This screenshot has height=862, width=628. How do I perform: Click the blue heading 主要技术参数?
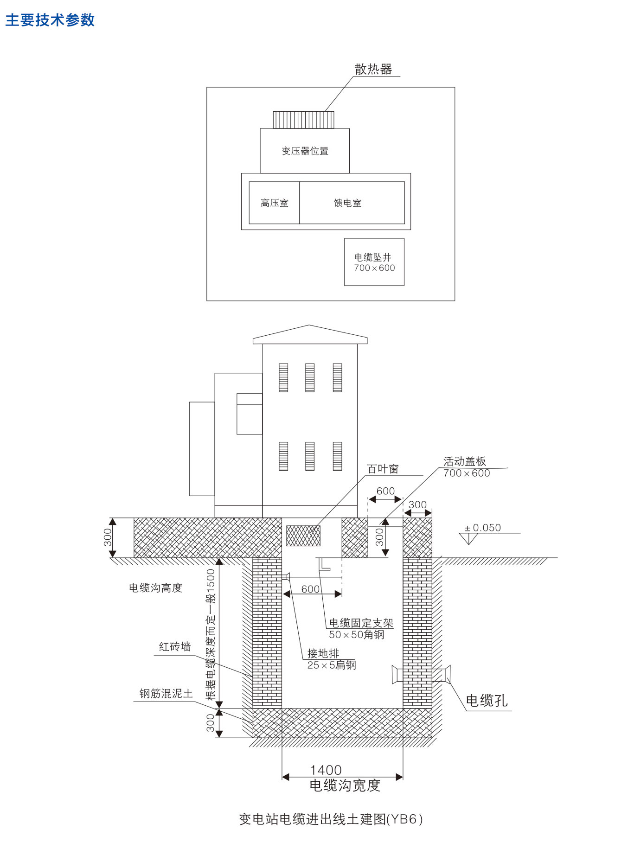pyautogui.click(x=50, y=20)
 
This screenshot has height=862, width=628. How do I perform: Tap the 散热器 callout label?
pyautogui.click(x=373, y=70)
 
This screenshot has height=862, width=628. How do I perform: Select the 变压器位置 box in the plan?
pyautogui.click(x=305, y=151)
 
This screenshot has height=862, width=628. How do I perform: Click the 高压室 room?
pyautogui.click(x=274, y=203)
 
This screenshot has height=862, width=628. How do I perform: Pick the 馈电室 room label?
pyautogui.click(x=347, y=203)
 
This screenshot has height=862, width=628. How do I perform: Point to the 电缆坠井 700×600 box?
pyautogui.click(x=374, y=262)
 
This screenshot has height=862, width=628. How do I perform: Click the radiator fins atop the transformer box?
pyautogui.click(x=303, y=120)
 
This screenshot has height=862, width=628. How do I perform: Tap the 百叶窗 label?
pyautogui.click(x=383, y=469)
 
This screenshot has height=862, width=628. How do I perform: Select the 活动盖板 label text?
pyautogui.click(x=464, y=461)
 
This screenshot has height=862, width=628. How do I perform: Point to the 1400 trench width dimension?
pyautogui.click(x=326, y=770)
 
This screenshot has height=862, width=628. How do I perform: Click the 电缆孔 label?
pyautogui.click(x=487, y=701)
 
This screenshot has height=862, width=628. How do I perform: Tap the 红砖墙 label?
pyautogui.click(x=175, y=647)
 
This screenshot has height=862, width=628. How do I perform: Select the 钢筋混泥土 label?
pyautogui.click(x=166, y=694)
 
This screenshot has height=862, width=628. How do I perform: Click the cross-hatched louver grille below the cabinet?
pyautogui.click(x=303, y=536)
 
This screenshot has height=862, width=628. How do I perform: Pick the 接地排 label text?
pyautogui.click(x=323, y=653)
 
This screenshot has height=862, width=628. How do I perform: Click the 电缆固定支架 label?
pyautogui.click(x=361, y=623)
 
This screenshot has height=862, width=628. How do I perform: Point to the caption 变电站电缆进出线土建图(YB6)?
pyautogui.click(x=331, y=819)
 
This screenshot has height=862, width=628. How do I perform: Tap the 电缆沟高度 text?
pyautogui.click(x=155, y=588)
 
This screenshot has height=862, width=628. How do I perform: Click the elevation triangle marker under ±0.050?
pyautogui.click(x=468, y=538)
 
